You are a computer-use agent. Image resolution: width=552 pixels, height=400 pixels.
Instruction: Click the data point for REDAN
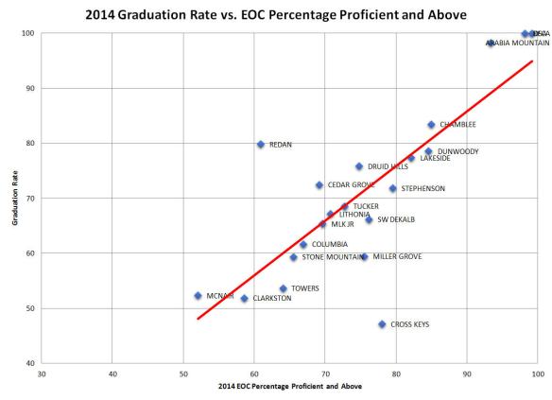[x=260, y=145]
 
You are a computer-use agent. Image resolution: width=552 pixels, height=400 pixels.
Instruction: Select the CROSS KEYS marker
[x=382, y=324]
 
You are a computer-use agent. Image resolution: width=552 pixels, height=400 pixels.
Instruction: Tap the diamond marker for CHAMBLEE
[x=431, y=125]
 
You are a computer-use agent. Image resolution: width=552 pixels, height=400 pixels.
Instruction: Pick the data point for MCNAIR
[x=198, y=296]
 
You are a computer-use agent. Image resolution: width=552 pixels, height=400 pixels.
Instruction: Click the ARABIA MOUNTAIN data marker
[x=491, y=43]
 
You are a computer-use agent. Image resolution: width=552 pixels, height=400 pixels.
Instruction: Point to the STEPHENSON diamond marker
[x=392, y=189]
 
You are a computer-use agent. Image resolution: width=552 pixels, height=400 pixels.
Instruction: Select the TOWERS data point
[x=283, y=288]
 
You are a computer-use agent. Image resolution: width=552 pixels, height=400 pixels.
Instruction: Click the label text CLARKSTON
[x=246, y=299]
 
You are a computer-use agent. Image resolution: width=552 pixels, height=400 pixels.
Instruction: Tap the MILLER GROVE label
[x=397, y=256]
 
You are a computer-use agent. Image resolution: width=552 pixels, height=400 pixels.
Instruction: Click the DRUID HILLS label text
[x=388, y=166]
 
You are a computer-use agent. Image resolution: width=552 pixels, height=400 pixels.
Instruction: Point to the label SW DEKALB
[x=396, y=219]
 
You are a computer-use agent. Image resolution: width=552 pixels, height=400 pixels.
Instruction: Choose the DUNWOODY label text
[x=458, y=151]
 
